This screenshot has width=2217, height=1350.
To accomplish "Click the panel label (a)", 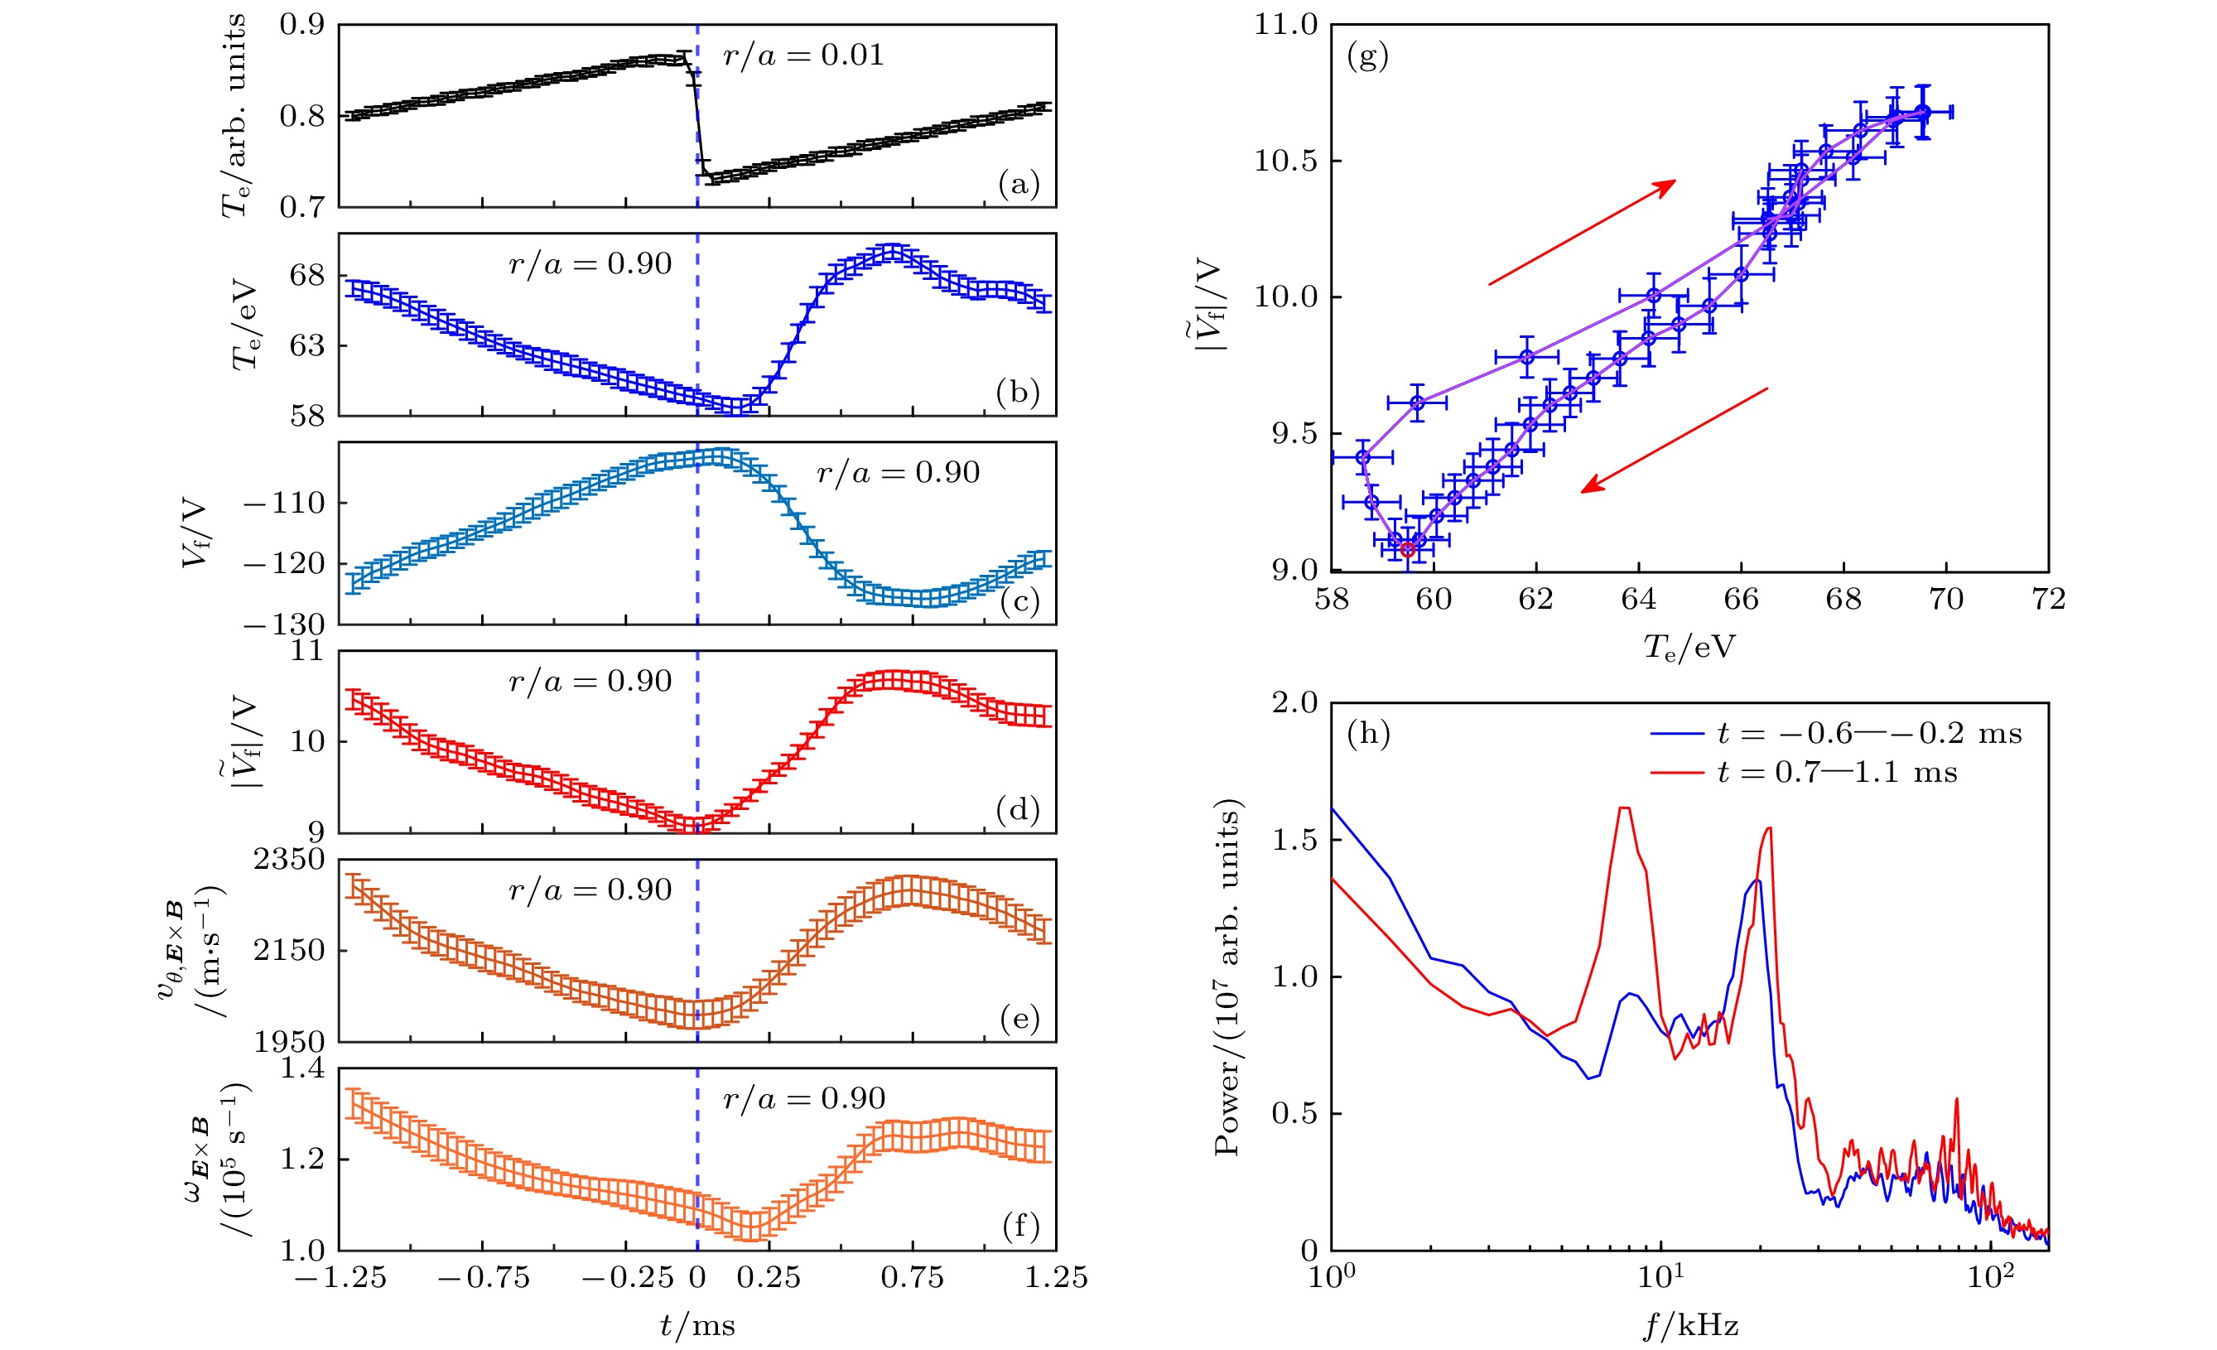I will click(1019, 185).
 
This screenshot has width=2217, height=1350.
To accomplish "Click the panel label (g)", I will click(1367, 56).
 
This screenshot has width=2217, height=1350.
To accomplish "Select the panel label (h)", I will click(1367, 735).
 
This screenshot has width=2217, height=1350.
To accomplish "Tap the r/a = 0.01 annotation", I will click(803, 55).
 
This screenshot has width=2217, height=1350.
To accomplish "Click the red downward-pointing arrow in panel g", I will click(1674, 441).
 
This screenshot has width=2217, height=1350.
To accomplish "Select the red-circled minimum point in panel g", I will click(1407, 549).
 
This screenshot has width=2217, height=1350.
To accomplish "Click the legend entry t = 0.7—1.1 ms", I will click(1803, 772).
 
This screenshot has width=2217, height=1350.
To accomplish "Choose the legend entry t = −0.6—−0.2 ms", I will click(1835, 734).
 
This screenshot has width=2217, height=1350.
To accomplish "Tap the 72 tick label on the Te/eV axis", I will click(2049, 600).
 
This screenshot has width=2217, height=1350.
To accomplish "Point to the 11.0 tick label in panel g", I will click(1284, 25).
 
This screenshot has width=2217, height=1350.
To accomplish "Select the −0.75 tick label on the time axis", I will click(483, 1278).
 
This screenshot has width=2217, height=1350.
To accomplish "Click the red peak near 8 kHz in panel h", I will click(1624, 808).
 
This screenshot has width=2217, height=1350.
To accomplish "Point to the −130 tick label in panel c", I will click(284, 624).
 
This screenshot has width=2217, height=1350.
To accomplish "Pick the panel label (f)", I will click(1019, 1226).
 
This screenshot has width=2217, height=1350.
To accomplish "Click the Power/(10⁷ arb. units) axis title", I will click(1227, 976).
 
